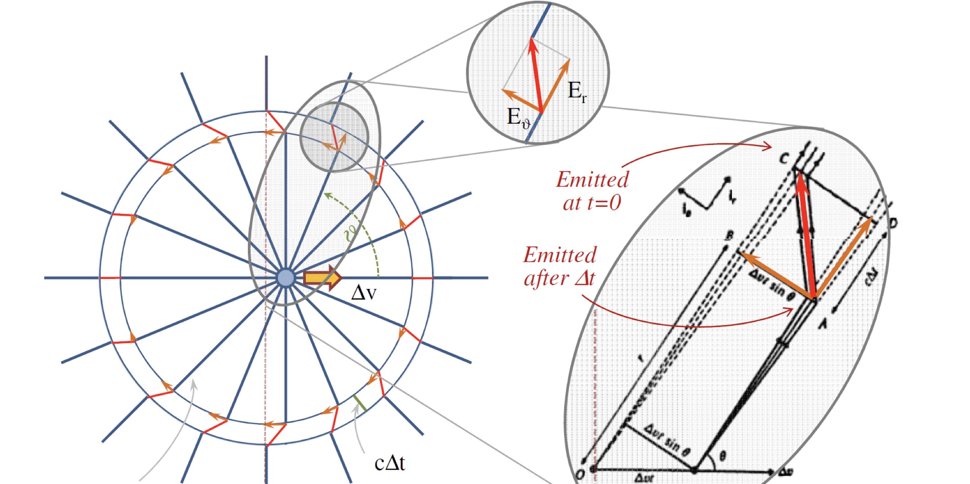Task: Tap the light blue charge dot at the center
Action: [x=285, y=278]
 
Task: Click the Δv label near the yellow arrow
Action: [x=363, y=293]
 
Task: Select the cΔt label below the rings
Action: [x=390, y=463]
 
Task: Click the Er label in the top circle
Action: [x=577, y=92]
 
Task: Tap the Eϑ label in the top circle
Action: [x=518, y=118]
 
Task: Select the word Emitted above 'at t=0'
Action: [x=592, y=179]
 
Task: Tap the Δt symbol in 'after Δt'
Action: [x=585, y=278]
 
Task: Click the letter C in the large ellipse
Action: [x=784, y=158]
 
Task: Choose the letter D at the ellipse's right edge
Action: [x=893, y=223]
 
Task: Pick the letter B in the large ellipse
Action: [x=730, y=235]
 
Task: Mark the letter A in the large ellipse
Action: [x=823, y=323]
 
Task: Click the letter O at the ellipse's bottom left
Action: [x=580, y=474]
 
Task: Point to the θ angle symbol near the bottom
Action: [x=723, y=457]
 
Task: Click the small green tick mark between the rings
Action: [x=360, y=403]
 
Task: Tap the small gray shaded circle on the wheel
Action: [x=334, y=137]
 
